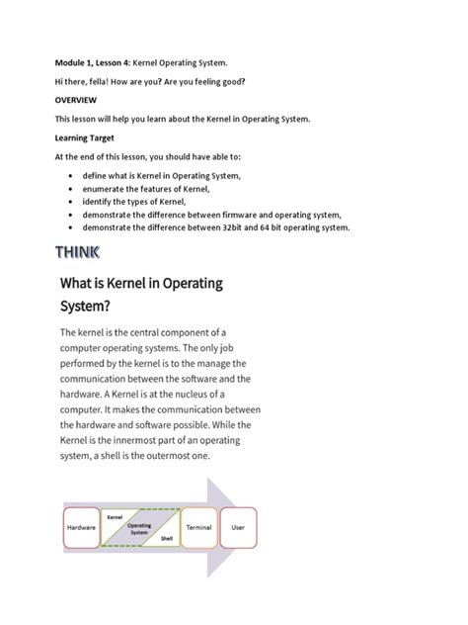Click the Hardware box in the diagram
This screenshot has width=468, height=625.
click(81, 529)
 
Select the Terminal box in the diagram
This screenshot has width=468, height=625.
click(198, 529)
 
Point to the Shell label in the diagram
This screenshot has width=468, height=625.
click(166, 539)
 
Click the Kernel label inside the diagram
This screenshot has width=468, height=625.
click(115, 517)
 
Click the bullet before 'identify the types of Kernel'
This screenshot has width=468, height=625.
click(72, 201)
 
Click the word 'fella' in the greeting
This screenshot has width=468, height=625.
click(108, 80)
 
